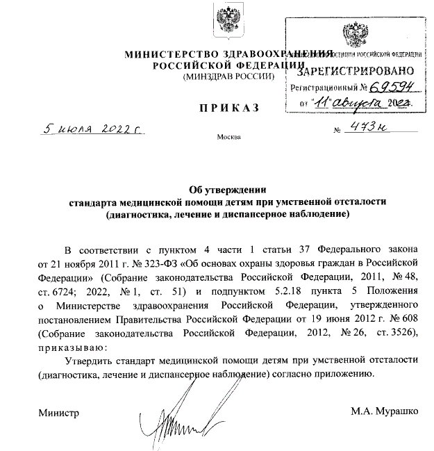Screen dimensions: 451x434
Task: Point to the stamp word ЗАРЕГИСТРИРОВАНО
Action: point(356,70)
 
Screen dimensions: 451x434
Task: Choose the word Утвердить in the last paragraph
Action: point(89,361)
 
